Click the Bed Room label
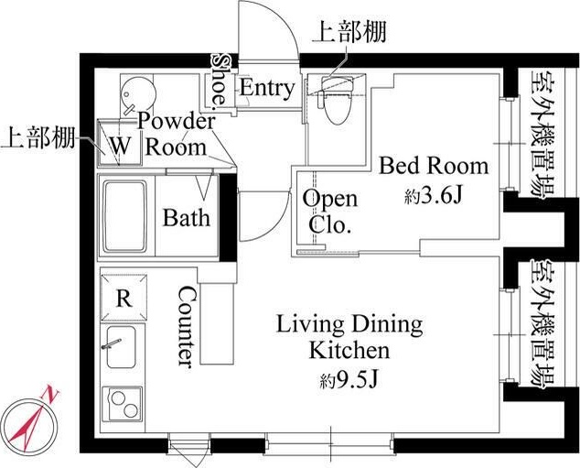pyautogui.click(x=434, y=166)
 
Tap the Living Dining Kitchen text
pyautogui.click(x=350, y=336)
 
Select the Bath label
pyautogui.click(x=187, y=218)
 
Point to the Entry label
pyautogui.click(x=267, y=89)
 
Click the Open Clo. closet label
pyautogui.click(x=330, y=212)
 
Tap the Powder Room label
pyautogui.click(x=176, y=134)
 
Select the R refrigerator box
pyautogui.click(x=122, y=298)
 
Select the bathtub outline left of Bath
pyautogui.click(x=123, y=218)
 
